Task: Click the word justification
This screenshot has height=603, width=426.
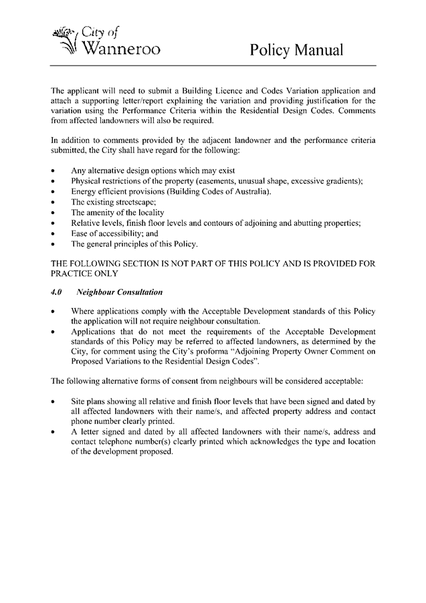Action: coord(334,100)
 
